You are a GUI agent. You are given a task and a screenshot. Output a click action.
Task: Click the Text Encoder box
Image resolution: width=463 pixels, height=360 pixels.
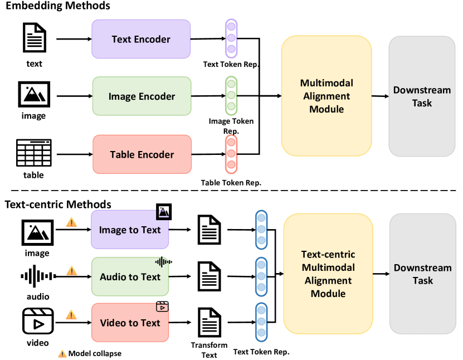pos(141,39)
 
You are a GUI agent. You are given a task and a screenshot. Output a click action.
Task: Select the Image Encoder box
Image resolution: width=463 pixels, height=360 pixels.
pos(142,96)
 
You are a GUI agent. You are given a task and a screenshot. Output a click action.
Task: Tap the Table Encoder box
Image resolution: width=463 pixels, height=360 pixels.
pos(142,154)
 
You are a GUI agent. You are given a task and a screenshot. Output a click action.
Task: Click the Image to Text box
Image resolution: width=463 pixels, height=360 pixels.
pos(130,230)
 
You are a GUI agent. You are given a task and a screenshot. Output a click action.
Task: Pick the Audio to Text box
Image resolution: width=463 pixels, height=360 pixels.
pos(130,277)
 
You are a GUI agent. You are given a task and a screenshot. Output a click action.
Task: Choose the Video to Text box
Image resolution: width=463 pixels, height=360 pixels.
pos(130,323)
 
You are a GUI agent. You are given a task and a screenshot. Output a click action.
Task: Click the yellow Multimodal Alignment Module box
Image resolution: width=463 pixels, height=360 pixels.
pos(326,96)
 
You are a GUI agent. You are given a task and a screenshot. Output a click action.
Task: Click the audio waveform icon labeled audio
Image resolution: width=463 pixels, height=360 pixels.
pos(38,276)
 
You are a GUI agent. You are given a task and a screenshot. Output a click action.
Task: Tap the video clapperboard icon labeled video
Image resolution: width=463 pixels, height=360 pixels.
pos(38,322)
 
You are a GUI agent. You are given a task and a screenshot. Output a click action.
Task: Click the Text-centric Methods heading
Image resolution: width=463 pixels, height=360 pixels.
pos(58,205)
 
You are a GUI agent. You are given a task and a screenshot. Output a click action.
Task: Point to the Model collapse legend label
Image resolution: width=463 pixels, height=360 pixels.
pos(94,353)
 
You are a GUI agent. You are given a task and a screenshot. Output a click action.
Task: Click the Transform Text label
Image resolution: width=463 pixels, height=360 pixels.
pos(209,349)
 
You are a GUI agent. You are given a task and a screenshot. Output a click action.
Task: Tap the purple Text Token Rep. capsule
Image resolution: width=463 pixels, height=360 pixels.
pos(231,38)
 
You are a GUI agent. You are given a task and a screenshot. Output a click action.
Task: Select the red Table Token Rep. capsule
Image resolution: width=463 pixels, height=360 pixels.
pos(231,154)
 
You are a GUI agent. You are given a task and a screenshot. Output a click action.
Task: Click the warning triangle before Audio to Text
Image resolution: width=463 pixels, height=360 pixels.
pos(71,271)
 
